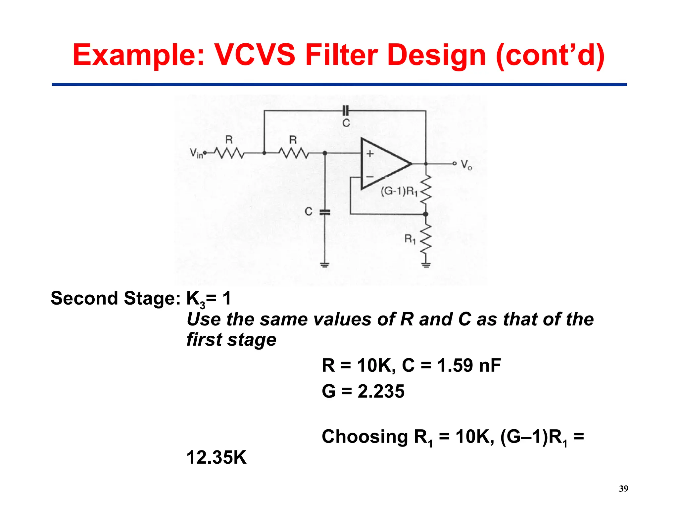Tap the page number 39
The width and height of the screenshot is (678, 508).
pyautogui.click(x=623, y=488)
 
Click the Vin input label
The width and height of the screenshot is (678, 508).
pyautogui.click(x=196, y=153)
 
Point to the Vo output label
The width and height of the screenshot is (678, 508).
pyautogui.click(x=466, y=164)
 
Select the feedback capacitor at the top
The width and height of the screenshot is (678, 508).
pyautogui.click(x=345, y=111)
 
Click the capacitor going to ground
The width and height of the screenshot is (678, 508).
pyautogui.click(x=325, y=212)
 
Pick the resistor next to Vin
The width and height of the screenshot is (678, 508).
pyautogui.click(x=229, y=153)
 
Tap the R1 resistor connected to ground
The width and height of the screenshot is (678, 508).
pyautogui.click(x=426, y=238)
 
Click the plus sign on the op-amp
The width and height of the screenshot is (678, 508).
pyautogui.click(x=370, y=154)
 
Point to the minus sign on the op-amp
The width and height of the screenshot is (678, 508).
pyautogui.click(x=370, y=177)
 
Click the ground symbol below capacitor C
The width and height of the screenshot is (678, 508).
pyautogui.click(x=325, y=264)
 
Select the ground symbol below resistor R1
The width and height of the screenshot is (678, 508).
pyautogui.click(x=426, y=264)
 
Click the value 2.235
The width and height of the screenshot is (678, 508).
pyautogui.click(x=381, y=391)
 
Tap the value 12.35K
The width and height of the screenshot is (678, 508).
pyautogui.click(x=217, y=457)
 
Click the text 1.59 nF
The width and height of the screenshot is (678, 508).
pyautogui.click(x=469, y=365)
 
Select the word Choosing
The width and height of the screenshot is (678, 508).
pyautogui.click(x=364, y=437)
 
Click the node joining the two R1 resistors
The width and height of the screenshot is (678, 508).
pyautogui.click(x=426, y=214)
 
